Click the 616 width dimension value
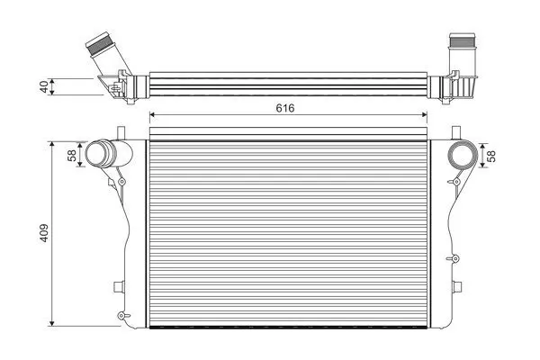[x=285, y=108]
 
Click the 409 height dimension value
[x=44, y=233]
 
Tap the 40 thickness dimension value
[x=44, y=86]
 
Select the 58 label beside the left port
[x=72, y=156]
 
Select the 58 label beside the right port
[x=492, y=156]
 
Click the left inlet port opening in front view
[x=96, y=153]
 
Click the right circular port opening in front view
[x=462, y=156]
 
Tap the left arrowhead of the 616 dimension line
[x=152, y=115]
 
